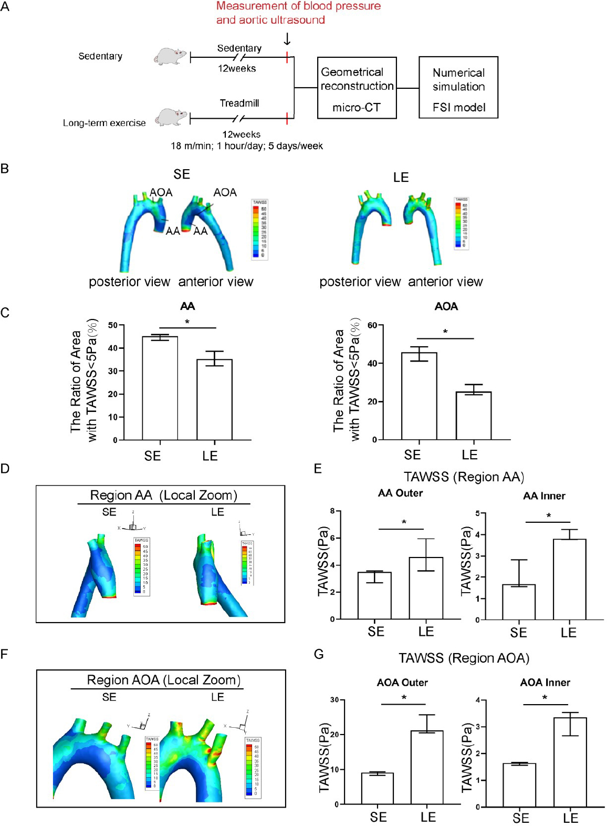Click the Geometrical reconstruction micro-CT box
point(357,88)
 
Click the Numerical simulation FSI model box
point(458,87)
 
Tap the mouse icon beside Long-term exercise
point(171,117)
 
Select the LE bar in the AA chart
point(214,399)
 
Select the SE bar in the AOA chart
point(419,396)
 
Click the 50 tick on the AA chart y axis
point(113,325)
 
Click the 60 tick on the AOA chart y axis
point(372,325)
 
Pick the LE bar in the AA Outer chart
point(426,588)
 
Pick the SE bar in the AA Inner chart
point(519,602)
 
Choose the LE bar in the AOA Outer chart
point(427,767)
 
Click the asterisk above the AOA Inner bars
point(545,698)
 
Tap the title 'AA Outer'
point(400,493)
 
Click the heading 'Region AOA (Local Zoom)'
point(163,680)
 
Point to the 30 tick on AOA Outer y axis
point(334,700)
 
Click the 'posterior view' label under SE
point(129,282)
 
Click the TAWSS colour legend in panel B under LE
point(462,223)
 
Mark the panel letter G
point(319,654)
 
